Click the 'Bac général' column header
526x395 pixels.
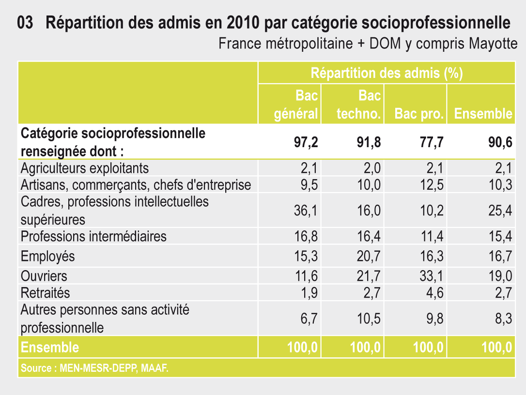(x=296, y=105)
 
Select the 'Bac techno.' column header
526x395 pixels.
(x=359, y=105)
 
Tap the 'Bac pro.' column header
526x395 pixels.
(x=419, y=114)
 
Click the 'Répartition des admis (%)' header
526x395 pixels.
(x=387, y=73)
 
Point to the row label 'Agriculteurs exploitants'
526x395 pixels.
(x=85, y=168)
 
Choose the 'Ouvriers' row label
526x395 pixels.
(x=44, y=276)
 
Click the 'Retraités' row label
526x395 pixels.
(x=46, y=293)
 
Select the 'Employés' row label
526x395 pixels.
(x=48, y=256)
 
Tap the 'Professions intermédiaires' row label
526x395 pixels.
(x=93, y=236)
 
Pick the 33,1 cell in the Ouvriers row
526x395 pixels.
(x=431, y=276)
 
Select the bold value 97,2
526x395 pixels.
(x=306, y=142)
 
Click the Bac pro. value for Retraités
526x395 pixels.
(x=434, y=293)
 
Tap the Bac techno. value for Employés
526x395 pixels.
(x=369, y=256)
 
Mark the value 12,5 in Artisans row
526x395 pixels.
(x=431, y=185)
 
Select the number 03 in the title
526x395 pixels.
(x=25, y=23)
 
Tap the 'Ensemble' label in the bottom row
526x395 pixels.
(x=50, y=347)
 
